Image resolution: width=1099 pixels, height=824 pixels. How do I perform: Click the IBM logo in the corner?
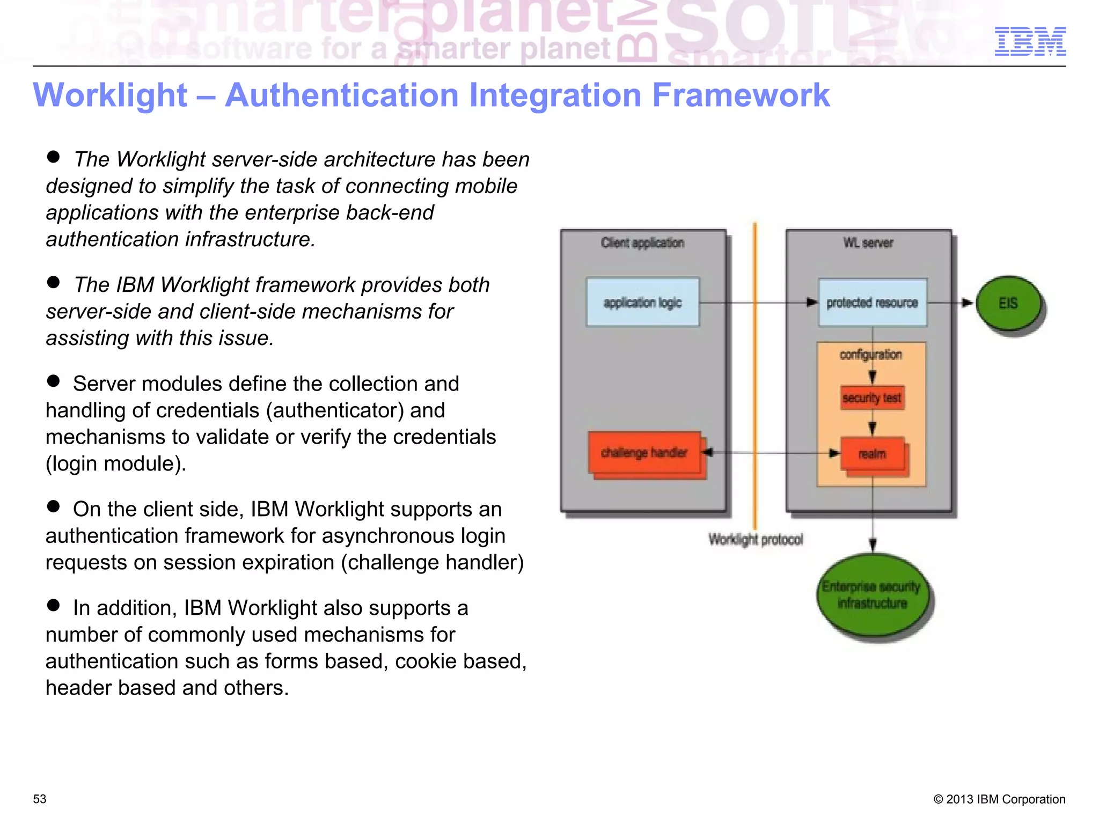click(x=1030, y=41)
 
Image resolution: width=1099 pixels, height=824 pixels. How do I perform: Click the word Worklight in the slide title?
click(x=110, y=95)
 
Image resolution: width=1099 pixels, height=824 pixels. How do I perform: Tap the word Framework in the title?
click(x=741, y=95)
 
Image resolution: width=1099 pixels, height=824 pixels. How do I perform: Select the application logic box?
click(x=642, y=303)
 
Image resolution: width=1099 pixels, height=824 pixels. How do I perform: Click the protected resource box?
click(x=872, y=303)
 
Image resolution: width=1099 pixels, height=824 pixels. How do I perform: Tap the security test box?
click(x=872, y=398)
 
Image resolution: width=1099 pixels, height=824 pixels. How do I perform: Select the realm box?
click(x=872, y=454)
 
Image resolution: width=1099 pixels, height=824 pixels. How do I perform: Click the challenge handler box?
click(x=644, y=453)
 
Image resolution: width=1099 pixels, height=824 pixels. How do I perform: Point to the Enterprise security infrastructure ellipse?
click(x=872, y=595)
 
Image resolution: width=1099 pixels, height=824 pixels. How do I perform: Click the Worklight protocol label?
click(x=756, y=539)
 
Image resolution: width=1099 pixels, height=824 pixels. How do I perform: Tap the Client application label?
click(x=642, y=243)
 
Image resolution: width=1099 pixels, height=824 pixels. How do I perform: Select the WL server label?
click(x=868, y=243)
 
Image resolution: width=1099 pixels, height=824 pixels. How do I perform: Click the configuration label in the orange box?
click(x=870, y=355)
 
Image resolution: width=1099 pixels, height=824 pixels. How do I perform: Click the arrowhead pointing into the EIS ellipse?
click(x=967, y=303)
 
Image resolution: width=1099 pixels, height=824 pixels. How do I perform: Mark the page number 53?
click(x=40, y=799)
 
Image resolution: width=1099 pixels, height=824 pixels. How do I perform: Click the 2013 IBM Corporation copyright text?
click(x=999, y=799)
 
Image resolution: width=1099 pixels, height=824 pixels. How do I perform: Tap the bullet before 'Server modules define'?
click(x=53, y=381)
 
